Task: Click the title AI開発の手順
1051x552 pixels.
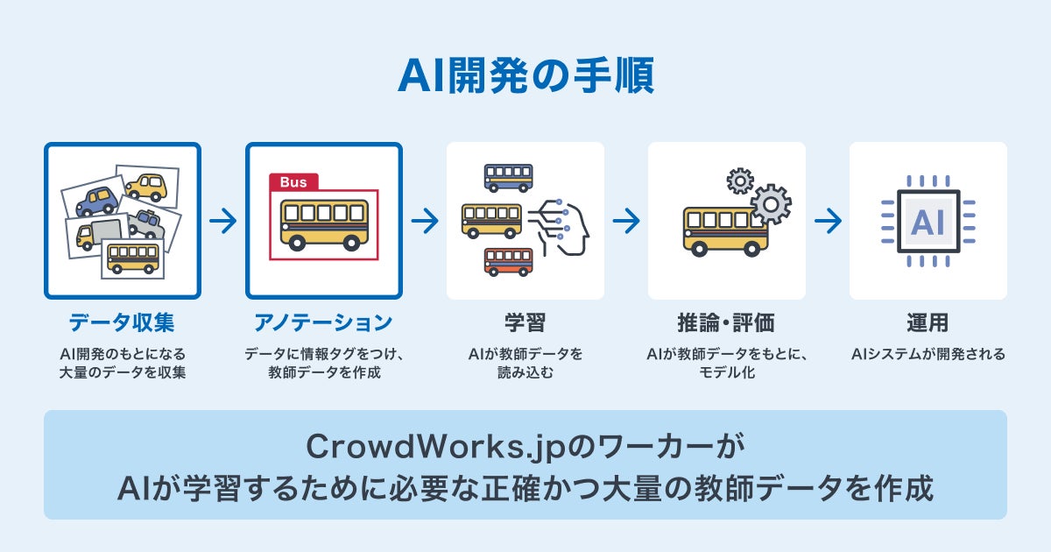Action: (525, 77)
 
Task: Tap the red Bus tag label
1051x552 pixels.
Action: (293, 181)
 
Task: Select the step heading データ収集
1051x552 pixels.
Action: (122, 322)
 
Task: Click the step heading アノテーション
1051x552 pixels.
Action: (323, 322)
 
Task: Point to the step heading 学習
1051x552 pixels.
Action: (525, 322)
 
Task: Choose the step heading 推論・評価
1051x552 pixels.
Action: (726, 322)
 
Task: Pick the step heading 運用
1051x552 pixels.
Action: (928, 322)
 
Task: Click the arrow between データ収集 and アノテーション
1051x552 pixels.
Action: (223, 221)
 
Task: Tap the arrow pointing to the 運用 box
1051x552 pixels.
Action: (828, 221)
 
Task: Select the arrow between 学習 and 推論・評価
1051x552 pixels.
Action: (626, 221)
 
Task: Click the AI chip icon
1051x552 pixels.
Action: (928, 221)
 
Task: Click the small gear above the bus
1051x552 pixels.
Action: (740, 180)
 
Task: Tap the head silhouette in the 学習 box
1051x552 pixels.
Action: (569, 226)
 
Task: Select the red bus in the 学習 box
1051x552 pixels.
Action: (508, 261)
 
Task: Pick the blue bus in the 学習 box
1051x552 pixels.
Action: (508, 177)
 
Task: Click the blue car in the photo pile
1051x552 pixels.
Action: (97, 202)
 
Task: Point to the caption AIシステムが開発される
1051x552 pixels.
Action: (928, 355)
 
